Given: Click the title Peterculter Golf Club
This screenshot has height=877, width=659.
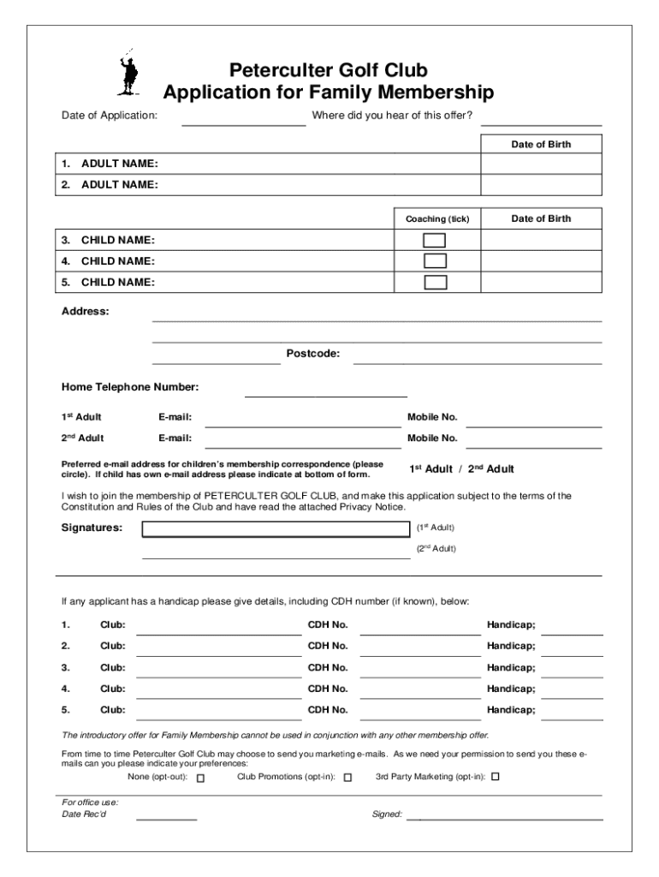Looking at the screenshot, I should pyautogui.click(x=328, y=70).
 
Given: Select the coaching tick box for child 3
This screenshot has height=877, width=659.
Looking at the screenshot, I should pyautogui.click(x=436, y=240).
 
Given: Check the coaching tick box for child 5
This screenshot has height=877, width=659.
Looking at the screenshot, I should pyautogui.click(x=436, y=282).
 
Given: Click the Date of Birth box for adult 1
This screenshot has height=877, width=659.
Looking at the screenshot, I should pyautogui.click(x=541, y=164).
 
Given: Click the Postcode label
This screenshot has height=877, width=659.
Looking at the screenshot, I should pyautogui.click(x=312, y=353).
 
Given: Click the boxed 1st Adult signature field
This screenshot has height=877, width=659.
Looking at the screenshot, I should pyautogui.click(x=276, y=528).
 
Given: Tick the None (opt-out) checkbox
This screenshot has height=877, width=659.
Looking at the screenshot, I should pyautogui.click(x=201, y=779).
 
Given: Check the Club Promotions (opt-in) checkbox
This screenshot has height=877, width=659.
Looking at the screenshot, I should pyautogui.click(x=347, y=778).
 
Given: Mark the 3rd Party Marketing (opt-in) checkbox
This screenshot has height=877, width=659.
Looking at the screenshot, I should pyautogui.click(x=495, y=778).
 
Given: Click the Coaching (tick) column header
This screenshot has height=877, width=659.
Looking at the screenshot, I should pyautogui.click(x=436, y=219).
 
